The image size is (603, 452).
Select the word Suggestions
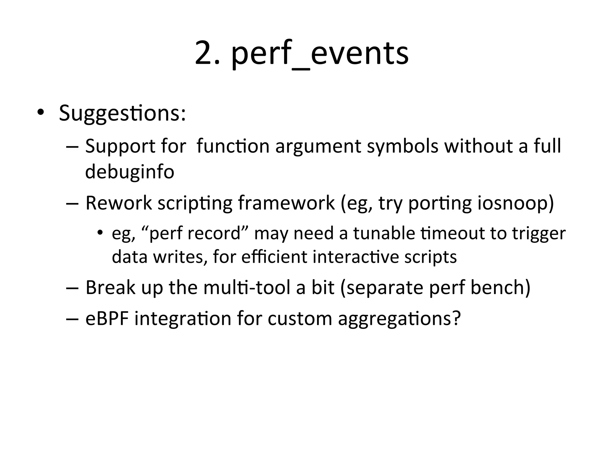click(122, 113)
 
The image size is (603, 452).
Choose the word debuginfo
click(130, 172)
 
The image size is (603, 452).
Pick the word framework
click(286, 203)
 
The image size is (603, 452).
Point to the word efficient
click(274, 257)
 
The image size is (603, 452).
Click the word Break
click(110, 287)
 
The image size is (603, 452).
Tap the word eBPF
click(107, 318)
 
